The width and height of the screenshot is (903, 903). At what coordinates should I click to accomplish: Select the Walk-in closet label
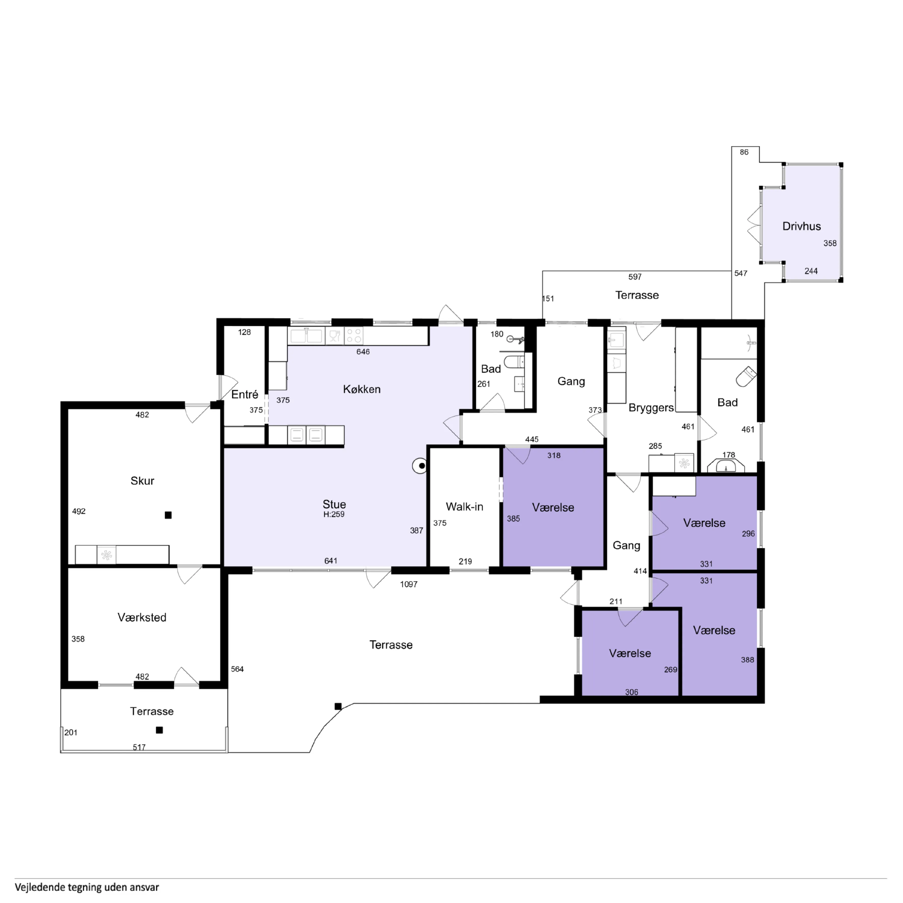pyautogui.click(x=464, y=507)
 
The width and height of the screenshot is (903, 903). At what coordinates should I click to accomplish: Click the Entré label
pyautogui.click(x=245, y=395)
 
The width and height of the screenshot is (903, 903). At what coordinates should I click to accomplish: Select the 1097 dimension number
pyautogui.click(x=409, y=584)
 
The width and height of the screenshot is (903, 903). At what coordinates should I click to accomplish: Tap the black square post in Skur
pyautogui.click(x=168, y=515)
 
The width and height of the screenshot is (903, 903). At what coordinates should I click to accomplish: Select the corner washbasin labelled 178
pyautogui.click(x=726, y=466)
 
